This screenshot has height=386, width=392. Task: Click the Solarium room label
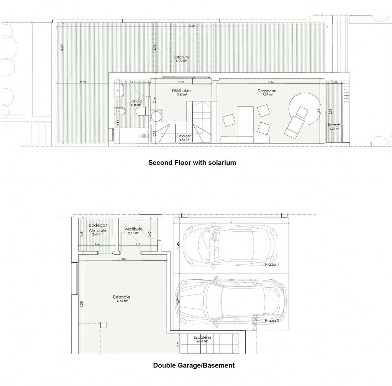click(181, 57)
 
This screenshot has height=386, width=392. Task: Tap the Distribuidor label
click(182, 91)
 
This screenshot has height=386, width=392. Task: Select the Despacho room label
click(267, 91)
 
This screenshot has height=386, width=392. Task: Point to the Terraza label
click(334, 125)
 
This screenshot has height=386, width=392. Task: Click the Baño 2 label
click(136, 101)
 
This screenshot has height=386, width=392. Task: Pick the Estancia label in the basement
click(122, 297)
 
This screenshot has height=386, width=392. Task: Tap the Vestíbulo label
click(133, 229)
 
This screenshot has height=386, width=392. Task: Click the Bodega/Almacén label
click(98, 228)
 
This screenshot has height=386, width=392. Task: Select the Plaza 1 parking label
click(272, 264)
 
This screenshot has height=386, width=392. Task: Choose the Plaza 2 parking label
click(272, 321)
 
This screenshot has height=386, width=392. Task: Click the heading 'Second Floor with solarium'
click(192, 162)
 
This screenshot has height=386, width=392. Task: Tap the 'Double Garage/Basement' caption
click(194, 365)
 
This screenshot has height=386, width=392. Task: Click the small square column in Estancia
click(103, 325)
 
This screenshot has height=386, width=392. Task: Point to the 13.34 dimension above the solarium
click(192, 26)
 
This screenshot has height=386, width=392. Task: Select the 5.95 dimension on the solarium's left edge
click(61, 48)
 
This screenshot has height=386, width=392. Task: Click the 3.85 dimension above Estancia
click(122, 259)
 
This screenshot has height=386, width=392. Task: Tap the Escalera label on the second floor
click(184, 136)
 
